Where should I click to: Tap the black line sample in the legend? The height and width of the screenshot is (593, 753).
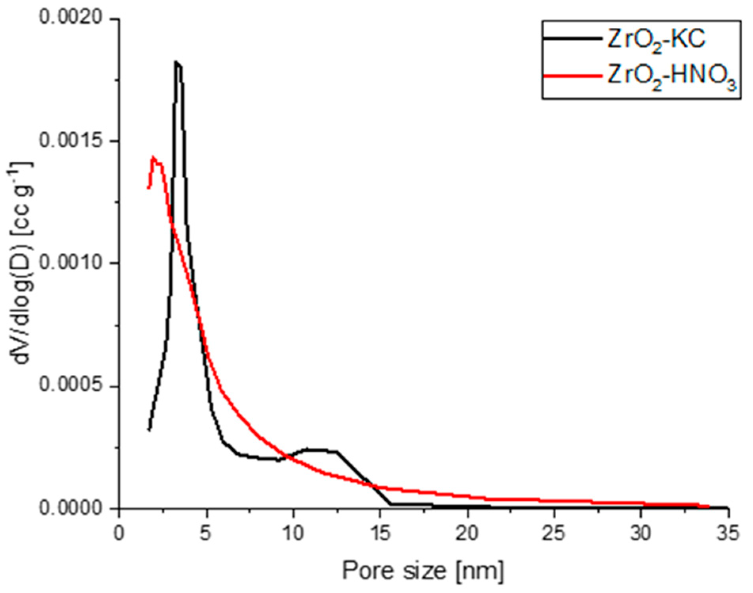coord(572,38)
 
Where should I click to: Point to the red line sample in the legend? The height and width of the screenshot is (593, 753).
coord(572,75)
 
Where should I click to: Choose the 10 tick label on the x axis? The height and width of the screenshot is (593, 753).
coord(293,534)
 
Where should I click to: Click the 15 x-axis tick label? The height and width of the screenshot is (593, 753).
coord(380,534)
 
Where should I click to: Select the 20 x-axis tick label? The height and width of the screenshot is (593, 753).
coord(468,534)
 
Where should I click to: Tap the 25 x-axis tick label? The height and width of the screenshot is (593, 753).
coord(554,534)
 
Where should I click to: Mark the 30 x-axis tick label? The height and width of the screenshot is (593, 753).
coord(641,534)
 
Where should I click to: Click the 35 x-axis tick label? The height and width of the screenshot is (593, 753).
coord(728,534)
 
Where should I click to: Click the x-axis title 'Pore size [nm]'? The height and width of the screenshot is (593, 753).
coord(423,571)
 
